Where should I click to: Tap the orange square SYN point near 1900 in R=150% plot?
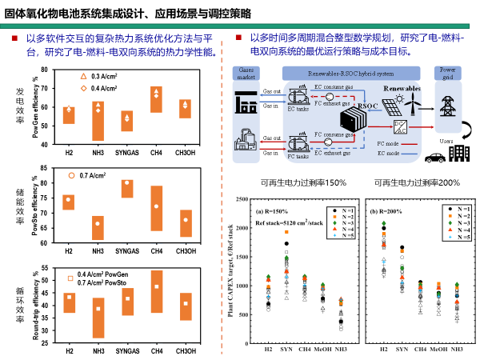[286, 232]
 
